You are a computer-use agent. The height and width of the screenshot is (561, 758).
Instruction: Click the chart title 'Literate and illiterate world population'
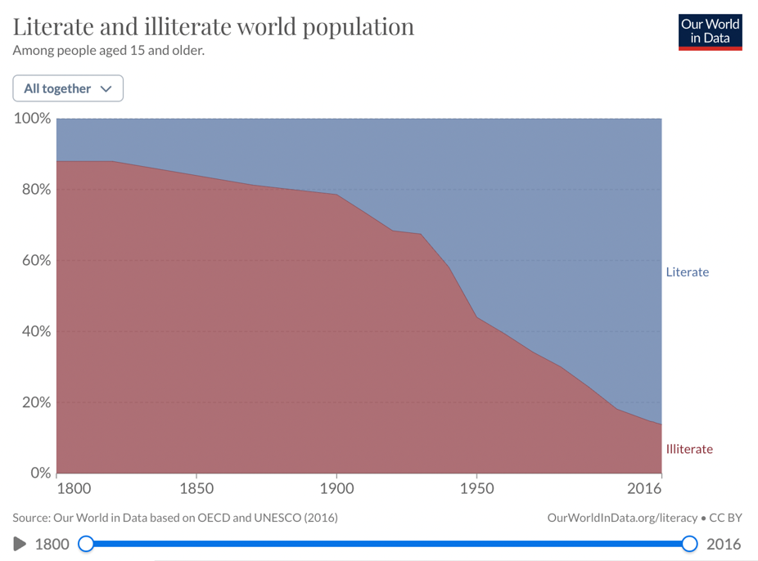pyautogui.click(x=214, y=27)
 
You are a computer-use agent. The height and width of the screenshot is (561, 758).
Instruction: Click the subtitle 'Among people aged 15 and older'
pyautogui.click(x=108, y=51)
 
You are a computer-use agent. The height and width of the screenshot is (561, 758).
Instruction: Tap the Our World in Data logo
pyautogui.click(x=710, y=31)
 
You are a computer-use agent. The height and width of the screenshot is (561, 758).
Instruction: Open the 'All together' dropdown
pyautogui.click(x=68, y=88)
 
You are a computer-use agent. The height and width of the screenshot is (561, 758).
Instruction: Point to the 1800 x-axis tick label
pyautogui.click(x=74, y=489)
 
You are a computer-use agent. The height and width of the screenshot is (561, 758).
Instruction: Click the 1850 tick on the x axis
pyautogui.click(x=196, y=489)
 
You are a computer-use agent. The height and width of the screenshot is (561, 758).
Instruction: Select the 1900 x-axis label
pyautogui.click(x=336, y=489)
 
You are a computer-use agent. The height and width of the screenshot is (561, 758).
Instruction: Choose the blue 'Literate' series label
pyautogui.click(x=687, y=272)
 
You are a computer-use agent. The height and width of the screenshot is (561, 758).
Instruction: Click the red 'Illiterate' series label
pyautogui.click(x=689, y=449)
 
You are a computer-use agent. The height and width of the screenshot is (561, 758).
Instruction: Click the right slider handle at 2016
pyautogui.click(x=689, y=544)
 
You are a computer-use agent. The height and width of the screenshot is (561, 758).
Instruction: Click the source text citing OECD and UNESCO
pyautogui.click(x=175, y=518)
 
